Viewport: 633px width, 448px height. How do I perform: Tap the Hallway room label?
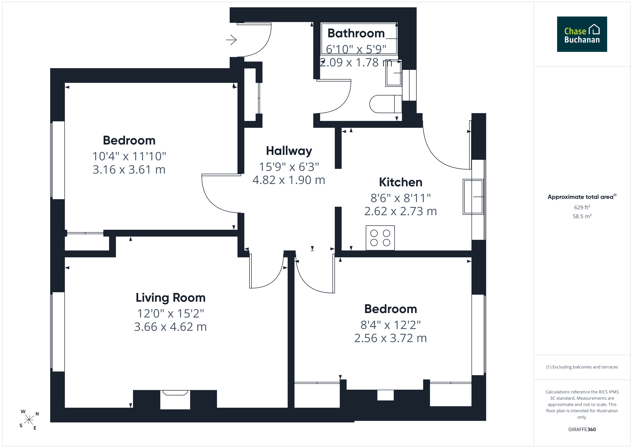point(289,151)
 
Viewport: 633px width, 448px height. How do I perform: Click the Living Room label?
point(171,298)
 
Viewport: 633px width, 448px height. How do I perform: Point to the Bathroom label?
point(356,33)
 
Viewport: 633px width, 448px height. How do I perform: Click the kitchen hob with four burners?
point(380,238)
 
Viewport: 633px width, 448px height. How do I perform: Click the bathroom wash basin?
point(393,73)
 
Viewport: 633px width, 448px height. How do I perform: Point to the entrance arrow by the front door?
point(231,40)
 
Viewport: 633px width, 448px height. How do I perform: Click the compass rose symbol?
point(29,420)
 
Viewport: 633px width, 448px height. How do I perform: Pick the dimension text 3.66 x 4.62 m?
point(170,327)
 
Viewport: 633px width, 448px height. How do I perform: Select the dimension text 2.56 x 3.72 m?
point(390,338)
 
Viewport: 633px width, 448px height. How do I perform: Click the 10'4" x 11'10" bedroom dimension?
point(129,156)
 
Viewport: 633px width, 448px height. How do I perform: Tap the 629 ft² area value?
point(582,207)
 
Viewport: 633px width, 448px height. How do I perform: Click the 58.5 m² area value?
point(582,216)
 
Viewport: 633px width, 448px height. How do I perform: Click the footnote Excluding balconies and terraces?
point(582,367)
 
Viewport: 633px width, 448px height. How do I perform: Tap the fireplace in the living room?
point(175,399)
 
